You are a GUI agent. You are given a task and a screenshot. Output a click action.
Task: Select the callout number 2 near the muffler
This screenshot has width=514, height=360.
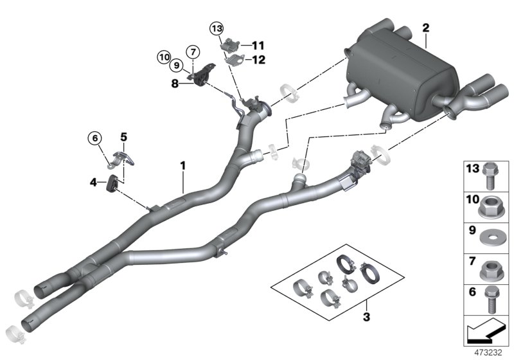(425, 28)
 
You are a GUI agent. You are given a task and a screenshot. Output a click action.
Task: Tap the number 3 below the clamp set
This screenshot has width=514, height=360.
(367, 316)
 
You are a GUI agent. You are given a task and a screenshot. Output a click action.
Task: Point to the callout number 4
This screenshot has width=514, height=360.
(94, 183)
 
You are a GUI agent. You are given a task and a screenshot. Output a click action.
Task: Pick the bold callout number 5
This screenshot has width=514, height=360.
(124, 136)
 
